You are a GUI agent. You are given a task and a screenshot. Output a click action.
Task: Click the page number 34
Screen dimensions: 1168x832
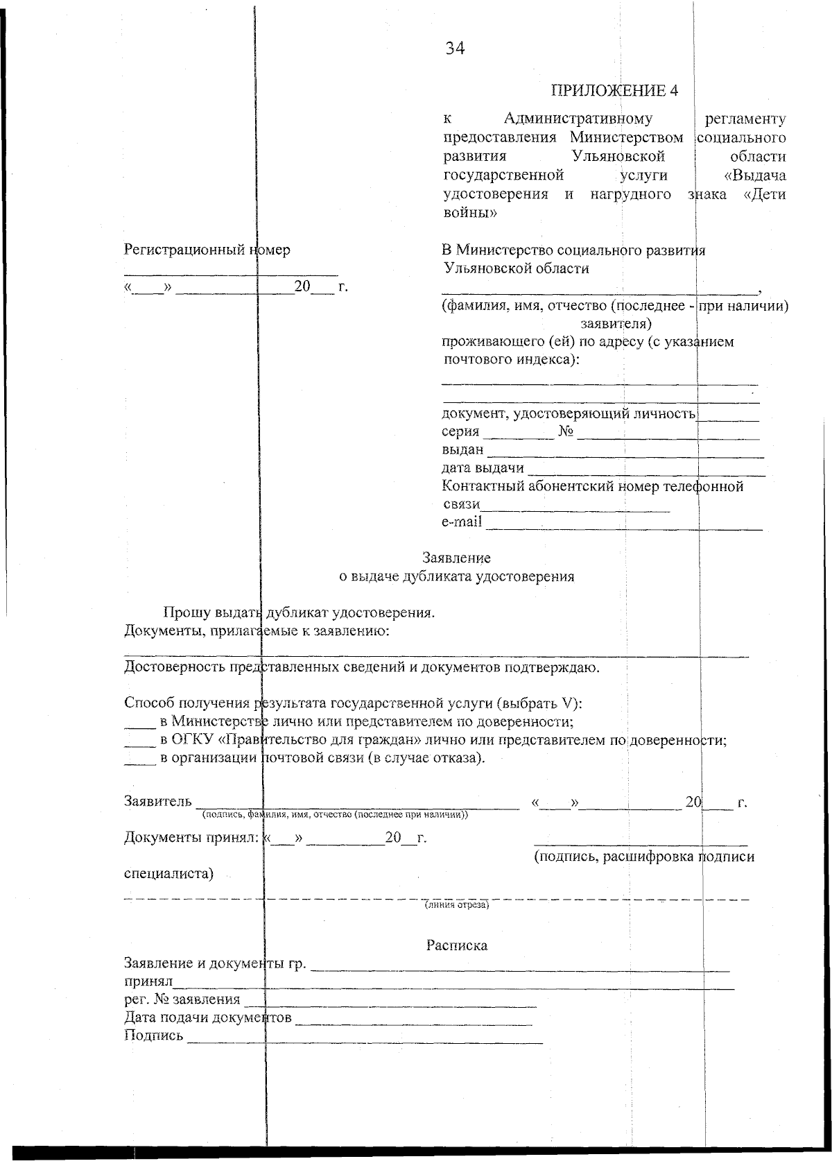pyautogui.click(x=455, y=49)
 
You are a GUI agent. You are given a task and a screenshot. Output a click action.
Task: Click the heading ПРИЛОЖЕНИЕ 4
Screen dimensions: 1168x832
pyautogui.click(x=614, y=91)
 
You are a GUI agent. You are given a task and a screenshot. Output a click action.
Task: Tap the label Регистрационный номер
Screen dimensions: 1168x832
pyautogui.click(x=207, y=250)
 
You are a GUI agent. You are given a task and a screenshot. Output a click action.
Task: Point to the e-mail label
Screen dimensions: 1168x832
pyautogui.click(x=462, y=522)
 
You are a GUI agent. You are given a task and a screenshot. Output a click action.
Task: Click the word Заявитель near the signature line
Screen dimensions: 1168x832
pyautogui.click(x=157, y=802)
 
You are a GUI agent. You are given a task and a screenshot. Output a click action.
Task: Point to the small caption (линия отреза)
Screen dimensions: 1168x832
pyautogui.click(x=456, y=905)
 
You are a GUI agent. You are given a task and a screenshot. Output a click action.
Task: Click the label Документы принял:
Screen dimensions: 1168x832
pyautogui.click(x=191, y=838)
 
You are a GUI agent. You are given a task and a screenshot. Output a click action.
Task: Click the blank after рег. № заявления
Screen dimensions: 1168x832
pyautogui.click(x=392, y=1003)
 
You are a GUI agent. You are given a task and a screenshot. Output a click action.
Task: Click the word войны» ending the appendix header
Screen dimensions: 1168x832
pyautogui.click(x=469, y=213)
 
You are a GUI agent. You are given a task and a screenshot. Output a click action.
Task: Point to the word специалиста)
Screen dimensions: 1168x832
pyautogui.click(x=168, y=873)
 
